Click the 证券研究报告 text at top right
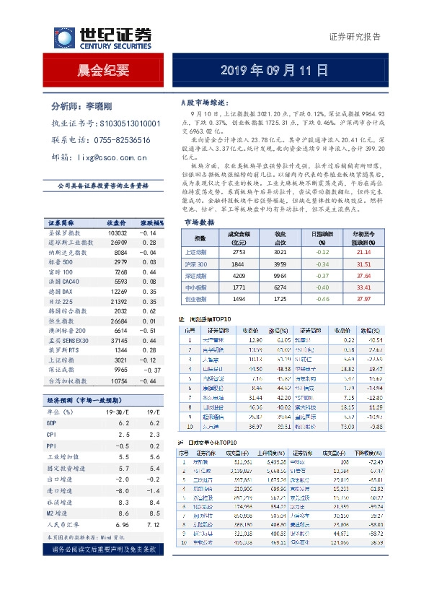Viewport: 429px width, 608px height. [355, 37]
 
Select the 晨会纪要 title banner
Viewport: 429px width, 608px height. [104, 70]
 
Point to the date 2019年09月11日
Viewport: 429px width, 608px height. [273, 70]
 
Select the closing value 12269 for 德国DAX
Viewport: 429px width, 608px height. [117, 290]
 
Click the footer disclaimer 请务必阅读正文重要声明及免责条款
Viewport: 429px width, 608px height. [104, 529]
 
